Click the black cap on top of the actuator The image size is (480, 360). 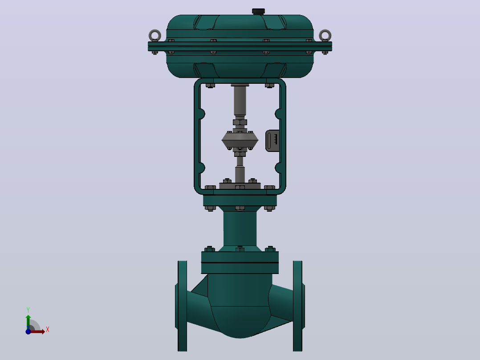[x=258, y=12]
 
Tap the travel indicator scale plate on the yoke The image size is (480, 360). [x=273, y=141]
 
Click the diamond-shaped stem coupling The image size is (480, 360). [x=240, y=140]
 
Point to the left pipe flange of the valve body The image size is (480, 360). [x=182, y=306]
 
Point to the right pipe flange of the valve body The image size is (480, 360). [x=298, y=306]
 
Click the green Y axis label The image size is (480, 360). [x=28, y=310]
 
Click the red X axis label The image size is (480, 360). [x=48, y=330]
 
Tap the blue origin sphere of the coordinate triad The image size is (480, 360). [x=28, y=331]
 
